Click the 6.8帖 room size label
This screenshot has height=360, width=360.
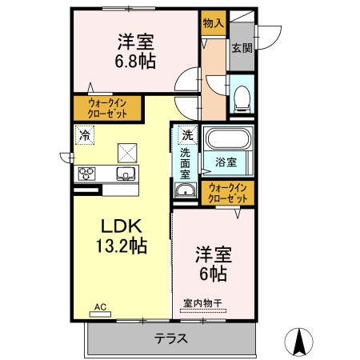point(135,60)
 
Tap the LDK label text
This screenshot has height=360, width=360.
point(120,227)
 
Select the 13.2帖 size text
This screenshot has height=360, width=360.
point(120,246)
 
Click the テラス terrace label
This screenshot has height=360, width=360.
point(171,338)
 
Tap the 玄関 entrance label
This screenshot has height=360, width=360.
point(242,47)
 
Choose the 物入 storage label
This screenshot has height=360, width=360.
point(213,24)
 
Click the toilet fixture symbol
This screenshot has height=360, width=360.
point(242,98)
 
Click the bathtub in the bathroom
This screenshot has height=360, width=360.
point(228,139)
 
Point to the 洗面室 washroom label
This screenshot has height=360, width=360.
point(185,162)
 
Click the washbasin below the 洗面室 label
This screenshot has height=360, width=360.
point(186,190)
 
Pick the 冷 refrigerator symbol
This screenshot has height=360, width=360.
point(85,135)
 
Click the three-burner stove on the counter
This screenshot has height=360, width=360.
point(87,173)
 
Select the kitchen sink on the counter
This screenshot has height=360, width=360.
point(125,173)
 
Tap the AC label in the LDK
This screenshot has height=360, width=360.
point(101,306)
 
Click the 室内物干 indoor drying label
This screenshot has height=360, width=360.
point(202,303)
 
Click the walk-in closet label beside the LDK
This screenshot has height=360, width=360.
point(107,108)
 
